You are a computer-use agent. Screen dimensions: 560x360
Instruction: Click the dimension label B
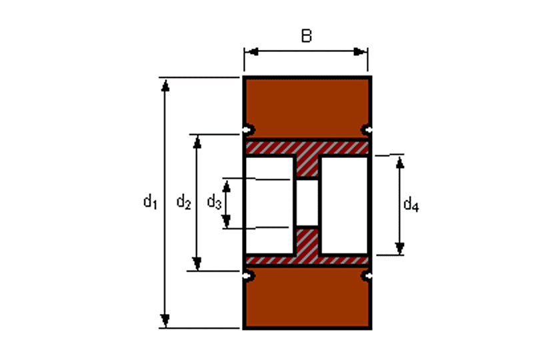[307, 36]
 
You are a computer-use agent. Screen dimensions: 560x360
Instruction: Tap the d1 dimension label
[150, 201]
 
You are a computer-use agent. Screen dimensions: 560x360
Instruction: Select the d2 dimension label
[183, 202]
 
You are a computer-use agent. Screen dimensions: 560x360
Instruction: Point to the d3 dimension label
[214, 202]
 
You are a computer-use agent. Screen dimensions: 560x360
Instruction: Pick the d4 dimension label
[411, 205]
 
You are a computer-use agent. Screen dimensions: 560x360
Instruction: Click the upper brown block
[307, 108]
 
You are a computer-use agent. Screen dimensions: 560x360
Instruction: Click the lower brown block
[307, 297]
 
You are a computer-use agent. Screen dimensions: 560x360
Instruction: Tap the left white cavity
[269, 205]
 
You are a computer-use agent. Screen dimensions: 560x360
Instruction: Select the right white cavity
[344, 205]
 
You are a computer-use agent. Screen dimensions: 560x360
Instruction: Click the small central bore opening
[307, 203]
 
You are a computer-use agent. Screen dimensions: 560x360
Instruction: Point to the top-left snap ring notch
[249, 129]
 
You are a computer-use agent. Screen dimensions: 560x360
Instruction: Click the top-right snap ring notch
[366, 129]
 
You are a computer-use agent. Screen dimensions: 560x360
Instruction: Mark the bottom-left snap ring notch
[249, 276]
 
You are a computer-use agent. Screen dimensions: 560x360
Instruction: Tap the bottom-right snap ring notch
[366, 276]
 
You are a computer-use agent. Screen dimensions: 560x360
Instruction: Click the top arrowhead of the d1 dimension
[165, 85]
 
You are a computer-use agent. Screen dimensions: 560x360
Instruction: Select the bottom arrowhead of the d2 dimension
[197, 263]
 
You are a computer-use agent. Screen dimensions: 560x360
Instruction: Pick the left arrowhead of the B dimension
[253, 52]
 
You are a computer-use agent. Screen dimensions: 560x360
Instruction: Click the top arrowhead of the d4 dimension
[400, 163]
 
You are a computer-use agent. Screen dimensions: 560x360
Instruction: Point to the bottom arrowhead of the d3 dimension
[226, 221]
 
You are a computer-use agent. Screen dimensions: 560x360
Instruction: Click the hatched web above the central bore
[307, 165]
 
